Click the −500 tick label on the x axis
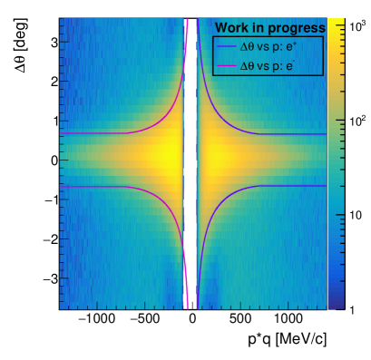click(142, 320)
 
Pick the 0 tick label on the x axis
click(191, 320)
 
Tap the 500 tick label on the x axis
click(240, 320)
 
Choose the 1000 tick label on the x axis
click(289, 320)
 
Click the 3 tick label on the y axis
click(54, 42)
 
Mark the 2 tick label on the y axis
click(54, 82)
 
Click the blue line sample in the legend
click(229, 46)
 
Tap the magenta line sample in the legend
click(229, 66)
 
